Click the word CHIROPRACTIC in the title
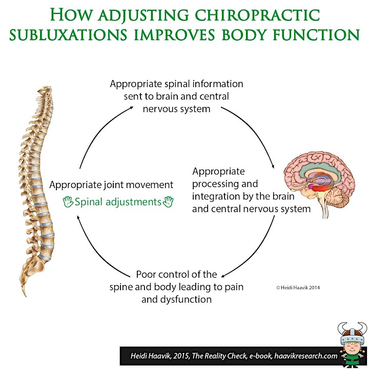click(257, 15)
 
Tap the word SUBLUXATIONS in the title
click(69, 35)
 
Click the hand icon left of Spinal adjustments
click(68, 202)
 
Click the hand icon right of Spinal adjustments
click(168, 202)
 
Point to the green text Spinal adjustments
click(118, 202)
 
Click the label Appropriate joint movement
click(111, 185)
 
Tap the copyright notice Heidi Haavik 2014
click(298, 288)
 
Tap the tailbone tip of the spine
click(25, 295)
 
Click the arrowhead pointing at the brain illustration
click(273, 167)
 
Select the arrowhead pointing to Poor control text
click(223, 276)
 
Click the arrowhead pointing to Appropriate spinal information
click(131, 108)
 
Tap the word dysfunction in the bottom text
click(186, 300)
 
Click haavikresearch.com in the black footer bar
click(306, 356)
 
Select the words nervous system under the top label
click(176, 109)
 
